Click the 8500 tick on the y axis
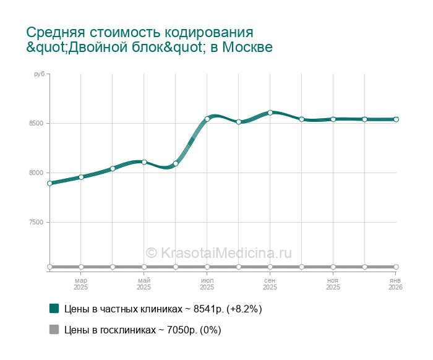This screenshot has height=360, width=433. pyautogui.click(x=35, y=123)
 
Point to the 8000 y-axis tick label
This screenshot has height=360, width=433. pyautogui.click(x=35, y=173)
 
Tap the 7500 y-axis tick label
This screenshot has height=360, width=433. pyautogui.click(x=35, y=222)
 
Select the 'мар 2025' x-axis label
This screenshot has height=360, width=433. pyautogui.click(x=81, y=284)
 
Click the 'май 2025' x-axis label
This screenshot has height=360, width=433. pyautogui.click(x=144, y=284)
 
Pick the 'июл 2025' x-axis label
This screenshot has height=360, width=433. pyautogui.click(x=207, y=284)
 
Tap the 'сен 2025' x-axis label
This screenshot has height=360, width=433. pyautogui.click(x=270, y=284)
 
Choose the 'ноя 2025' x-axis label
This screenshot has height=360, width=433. pyautogui.click(x=333, y=284)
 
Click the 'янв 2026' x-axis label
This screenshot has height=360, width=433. pyautogui.click(x=395, y=284)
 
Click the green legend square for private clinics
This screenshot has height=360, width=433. pyautogui.click(x=54, y=308)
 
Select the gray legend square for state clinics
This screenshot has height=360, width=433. pyautogui.click(x=54, y=329)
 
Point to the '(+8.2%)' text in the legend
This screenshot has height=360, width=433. pyautogui.click(x=244, y=309)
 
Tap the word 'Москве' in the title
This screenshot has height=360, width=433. pyautogui.click(x=247, y=48)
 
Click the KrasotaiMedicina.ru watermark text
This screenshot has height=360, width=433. pyautogui.click(x=218, y=252)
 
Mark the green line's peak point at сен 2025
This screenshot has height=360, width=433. pyautogui.click(x=270, y=113)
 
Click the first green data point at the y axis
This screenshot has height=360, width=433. pyautogui.click(x=49, y=183)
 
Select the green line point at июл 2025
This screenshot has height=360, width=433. pyautogui.click(x=207, y=119)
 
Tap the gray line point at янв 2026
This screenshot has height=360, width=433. pyautogui.click(x=396, y=267)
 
